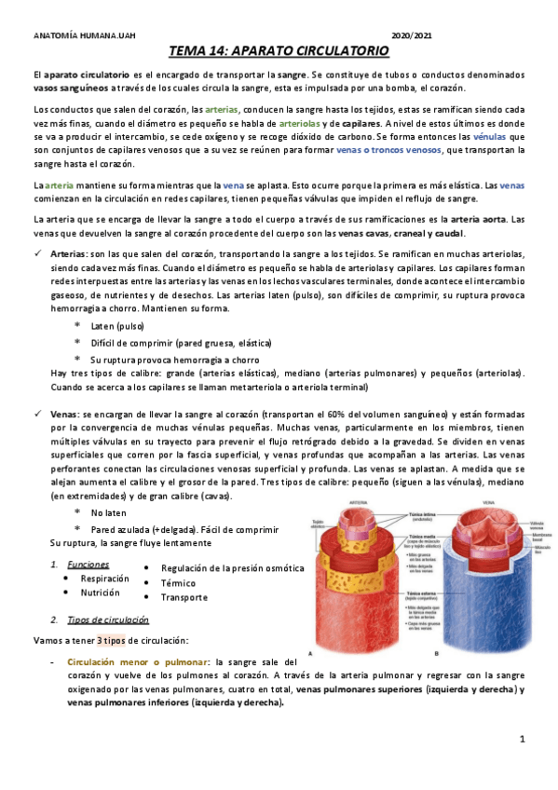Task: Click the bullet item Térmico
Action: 180,582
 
